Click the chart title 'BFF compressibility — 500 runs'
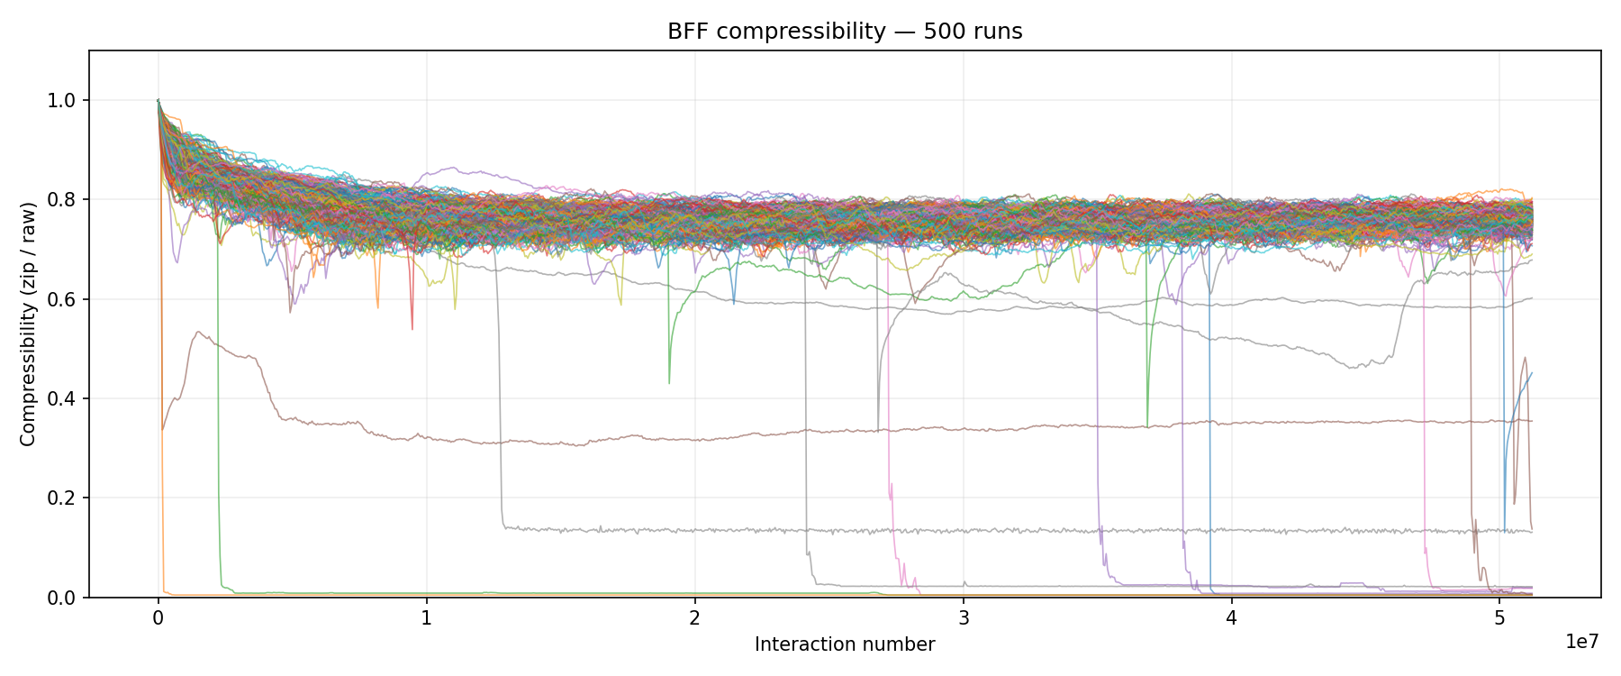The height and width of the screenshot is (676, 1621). coord(845,32)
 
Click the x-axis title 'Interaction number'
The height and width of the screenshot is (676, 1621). coord(845,644)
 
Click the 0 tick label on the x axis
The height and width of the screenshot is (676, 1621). coord(158,618)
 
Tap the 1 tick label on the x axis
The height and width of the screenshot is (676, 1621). coord(427,618)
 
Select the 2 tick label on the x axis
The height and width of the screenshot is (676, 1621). coord(695,618)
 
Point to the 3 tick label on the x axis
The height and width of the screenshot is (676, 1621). coord(964,618)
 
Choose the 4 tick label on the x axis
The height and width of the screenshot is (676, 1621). coord(1231,618)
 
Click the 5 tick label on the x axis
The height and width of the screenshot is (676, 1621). coord(1499,618)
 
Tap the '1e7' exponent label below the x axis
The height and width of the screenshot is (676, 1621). coord(1582,642)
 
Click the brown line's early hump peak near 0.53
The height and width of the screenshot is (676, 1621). coord(198,333)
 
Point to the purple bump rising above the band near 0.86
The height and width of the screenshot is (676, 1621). coord(450,168)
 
